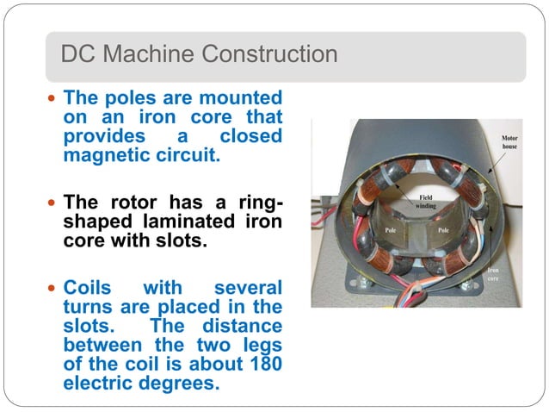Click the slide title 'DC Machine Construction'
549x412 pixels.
pos(199,55)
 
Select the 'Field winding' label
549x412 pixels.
pos(429,202)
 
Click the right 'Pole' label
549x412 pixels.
pos(445,231)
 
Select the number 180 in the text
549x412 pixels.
pos(264,365)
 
